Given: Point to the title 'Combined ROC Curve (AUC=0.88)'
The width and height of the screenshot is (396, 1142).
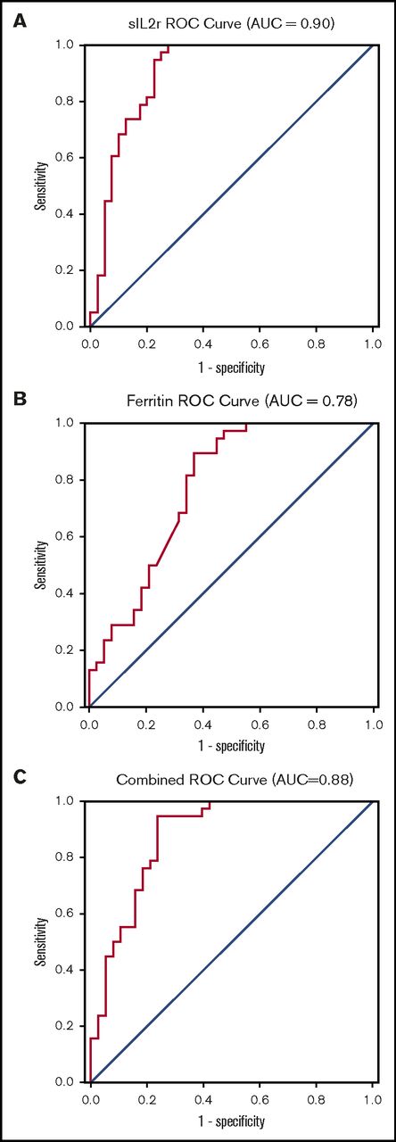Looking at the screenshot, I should click(x=231, y=780).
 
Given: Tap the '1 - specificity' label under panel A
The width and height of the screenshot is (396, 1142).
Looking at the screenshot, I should click(x=231, y=366).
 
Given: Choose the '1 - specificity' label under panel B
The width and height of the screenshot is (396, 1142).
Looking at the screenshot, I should click(x=231, y=744).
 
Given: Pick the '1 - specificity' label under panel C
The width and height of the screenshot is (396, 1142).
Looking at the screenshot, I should click(x=231, y=1121).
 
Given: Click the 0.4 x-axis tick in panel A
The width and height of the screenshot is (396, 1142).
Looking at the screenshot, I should click(x=202, y=343).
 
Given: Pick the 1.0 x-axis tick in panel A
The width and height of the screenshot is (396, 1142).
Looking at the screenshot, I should click(x=372, y=343).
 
